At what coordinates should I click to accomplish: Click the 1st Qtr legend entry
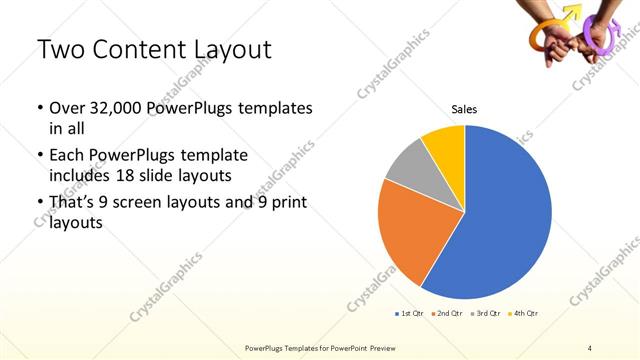pyautogui.click(x=408, y=314)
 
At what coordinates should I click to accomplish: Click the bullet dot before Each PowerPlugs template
pyautogui.click(x=39, y=157)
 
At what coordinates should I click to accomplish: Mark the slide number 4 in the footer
pyautogui.click(x=590, y=347)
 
